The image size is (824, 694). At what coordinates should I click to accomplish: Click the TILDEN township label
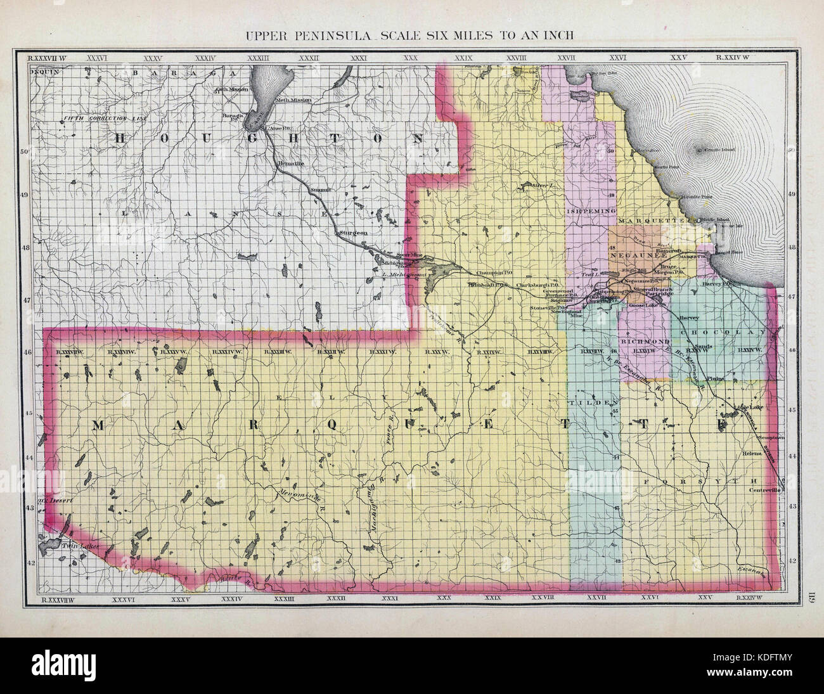595,403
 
